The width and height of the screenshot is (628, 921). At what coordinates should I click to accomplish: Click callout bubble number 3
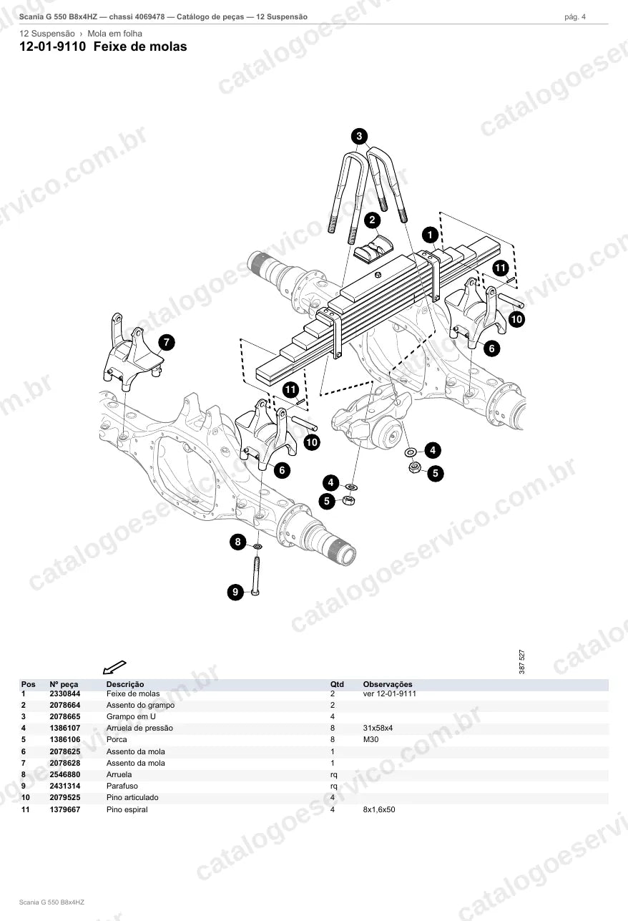click(x=359, y=136)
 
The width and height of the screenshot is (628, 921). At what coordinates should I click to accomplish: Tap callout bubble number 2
click(x=373, y=220)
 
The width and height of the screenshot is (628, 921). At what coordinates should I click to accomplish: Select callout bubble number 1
click(x=431, y=235)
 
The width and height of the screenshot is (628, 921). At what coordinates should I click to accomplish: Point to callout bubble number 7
click(x=167, y=342)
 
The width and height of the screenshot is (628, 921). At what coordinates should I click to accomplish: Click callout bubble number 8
click(x=238, y=542)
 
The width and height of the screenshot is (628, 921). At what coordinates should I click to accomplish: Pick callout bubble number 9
click(x=235, y=592)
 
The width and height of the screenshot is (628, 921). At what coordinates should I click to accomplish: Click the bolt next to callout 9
click(x=256, y=576)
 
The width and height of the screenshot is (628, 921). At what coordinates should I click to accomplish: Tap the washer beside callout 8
click(x=258, y=547)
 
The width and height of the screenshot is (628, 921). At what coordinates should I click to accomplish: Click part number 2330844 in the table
click(x=65, y=693)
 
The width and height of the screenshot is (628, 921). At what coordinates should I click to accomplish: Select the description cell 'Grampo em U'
click(x=131, y=716)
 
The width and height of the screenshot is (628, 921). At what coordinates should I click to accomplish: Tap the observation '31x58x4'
click(x=378, y=728)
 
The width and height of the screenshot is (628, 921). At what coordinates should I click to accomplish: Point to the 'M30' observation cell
click(x=371, y=739)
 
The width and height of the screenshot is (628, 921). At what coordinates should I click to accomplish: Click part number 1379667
click(x=65, y=809)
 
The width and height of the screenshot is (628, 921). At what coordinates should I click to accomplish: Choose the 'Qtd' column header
click(x=337, y=684)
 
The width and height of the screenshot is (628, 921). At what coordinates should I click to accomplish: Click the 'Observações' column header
click(x=388, y=684)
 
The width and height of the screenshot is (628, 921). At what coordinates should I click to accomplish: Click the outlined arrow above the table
click(x=114, y=668)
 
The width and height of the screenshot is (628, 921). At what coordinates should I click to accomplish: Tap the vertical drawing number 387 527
click(x=522, y=661)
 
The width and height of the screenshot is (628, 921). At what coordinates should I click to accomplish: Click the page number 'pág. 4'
click(x=575, y=17)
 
